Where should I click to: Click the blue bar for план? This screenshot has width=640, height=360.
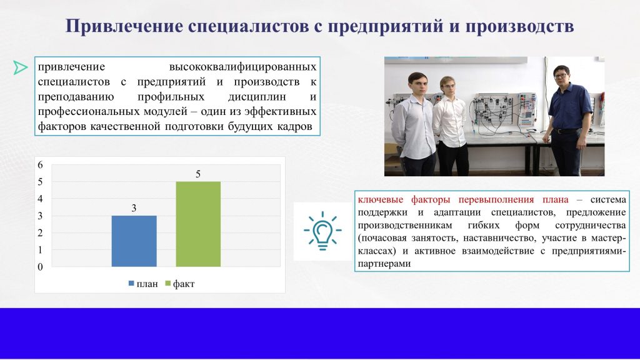(134, 241)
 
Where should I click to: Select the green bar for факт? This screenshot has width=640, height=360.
(198, 224)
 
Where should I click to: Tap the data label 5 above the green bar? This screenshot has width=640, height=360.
(198, 174)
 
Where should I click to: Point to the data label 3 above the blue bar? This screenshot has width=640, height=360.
(134, 208)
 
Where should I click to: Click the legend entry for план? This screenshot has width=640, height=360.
(143, 284)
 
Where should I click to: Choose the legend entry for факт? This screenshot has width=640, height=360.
(180, 284)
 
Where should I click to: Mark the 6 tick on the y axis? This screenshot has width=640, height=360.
(40, 165)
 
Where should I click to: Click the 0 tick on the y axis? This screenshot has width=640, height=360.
(40, 267)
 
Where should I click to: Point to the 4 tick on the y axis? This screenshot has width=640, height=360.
(40, 199)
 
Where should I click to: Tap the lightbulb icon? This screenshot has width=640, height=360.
(322, 231)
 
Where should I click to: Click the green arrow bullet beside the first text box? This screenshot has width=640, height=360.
(20, 67)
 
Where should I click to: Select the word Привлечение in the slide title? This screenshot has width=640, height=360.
(124, 26)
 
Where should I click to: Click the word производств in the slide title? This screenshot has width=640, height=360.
(519, 26)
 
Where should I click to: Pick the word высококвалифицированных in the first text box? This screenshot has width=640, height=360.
(242, 66)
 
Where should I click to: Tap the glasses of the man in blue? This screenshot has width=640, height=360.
(561, 76)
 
